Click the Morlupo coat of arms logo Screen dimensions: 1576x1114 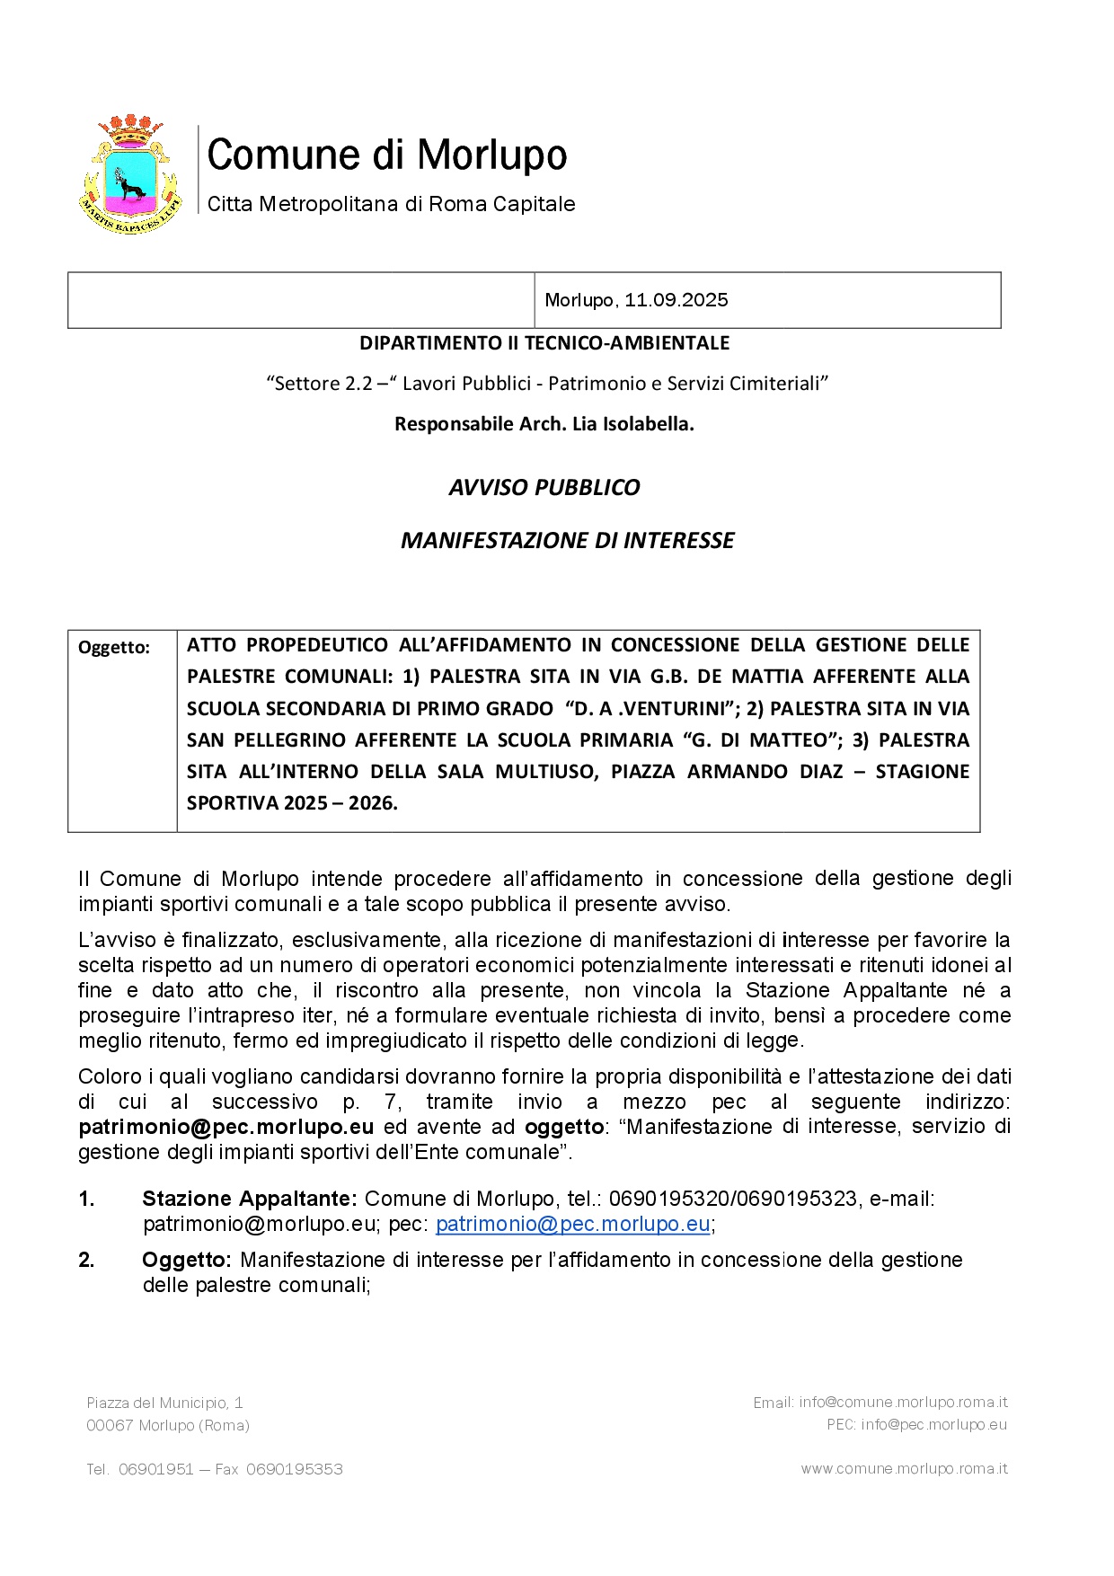131,175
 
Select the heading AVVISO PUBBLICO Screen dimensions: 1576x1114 544,488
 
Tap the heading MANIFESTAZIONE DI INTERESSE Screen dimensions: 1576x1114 567,541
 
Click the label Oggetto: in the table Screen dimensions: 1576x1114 114,648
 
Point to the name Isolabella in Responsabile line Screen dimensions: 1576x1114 649,424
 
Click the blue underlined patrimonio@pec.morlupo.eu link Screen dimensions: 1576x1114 573,1225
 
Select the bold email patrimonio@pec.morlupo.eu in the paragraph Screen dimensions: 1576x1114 225,1128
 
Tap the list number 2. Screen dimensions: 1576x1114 87,1261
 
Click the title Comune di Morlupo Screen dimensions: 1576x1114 387,155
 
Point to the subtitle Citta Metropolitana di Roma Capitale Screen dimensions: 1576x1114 391,205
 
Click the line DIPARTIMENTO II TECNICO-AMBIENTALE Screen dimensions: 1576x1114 544,343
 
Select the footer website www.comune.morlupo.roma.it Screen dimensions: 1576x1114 904,1469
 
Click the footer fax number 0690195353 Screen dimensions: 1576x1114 295,1470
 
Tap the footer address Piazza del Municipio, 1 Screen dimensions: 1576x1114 164,1403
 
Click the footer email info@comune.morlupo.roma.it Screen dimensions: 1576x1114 903,1403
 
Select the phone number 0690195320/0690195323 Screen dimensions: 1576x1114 733,1200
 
